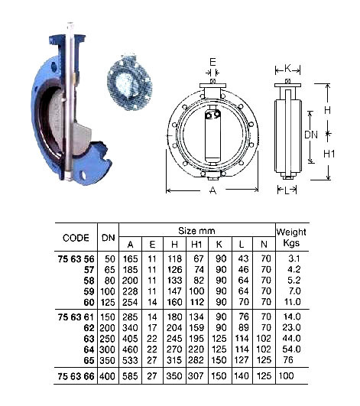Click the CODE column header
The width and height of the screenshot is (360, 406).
[x=76, y=237]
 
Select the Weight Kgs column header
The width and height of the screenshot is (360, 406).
[x=290, y=236]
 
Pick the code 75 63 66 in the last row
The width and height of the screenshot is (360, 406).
[x=76, y=377]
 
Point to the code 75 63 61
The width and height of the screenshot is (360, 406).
[x=76, y=317]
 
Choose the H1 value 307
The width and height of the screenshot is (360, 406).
[x=197, y=377]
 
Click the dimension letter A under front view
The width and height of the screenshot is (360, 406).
[x=213, y=190]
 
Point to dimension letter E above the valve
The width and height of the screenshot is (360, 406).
[x=213, y=64]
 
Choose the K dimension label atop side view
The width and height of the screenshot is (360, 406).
[x=287, y=67]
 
